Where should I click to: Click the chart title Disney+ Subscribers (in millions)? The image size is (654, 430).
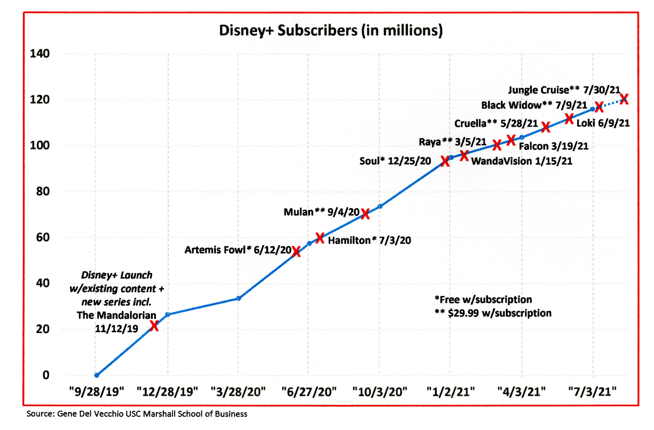point(331,30)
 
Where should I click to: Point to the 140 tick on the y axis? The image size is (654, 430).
point(40,54)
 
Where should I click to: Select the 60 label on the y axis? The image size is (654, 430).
point(43,237)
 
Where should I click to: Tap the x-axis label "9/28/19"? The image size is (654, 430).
point(96,392)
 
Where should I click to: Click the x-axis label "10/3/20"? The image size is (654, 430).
point(380,392)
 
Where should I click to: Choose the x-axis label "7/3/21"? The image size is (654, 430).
point(592,392)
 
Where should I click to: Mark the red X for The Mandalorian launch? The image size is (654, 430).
point(154,326)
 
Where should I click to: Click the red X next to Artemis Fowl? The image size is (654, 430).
point(296,252)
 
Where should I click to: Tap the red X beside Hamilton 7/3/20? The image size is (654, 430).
point(320,238)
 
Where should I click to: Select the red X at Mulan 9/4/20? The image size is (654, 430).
point(365,214)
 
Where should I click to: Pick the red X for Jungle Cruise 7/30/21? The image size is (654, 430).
point(624,99)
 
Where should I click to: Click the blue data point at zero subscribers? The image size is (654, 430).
point(96,375)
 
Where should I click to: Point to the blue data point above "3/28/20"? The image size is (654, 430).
point(238,298)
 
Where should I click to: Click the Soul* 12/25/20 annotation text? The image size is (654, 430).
point(395,161)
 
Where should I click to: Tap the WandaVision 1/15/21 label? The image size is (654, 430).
point(521,161)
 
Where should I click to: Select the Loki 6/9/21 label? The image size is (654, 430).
point(603,123)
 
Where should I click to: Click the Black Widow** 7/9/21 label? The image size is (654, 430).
point(534,105)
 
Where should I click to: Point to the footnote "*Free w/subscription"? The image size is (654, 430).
point(483,300)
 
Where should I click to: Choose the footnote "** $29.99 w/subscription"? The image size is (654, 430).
point(493,313)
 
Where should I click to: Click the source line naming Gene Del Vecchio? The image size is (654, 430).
point(137,414)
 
